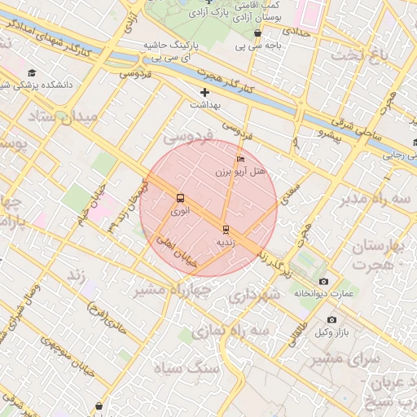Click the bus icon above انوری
click(180, 198)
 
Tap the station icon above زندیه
click(226, 230)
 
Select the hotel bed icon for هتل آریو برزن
click(239, 159)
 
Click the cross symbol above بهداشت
click(204, 92)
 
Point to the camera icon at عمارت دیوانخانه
click(324, 281)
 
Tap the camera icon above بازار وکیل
click(331, 320)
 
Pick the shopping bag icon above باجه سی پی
click(258, 33)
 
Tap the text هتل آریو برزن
click(240, 172)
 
